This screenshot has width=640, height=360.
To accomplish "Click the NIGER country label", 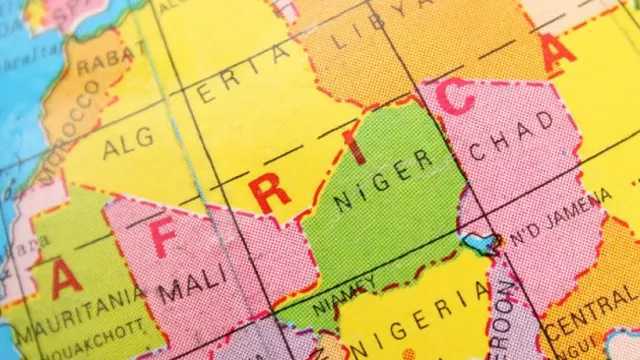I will (x=384, y=180).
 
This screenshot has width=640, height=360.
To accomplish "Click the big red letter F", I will (x=162, y=239).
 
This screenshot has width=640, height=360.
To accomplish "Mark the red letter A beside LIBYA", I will (x=556, y=50).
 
